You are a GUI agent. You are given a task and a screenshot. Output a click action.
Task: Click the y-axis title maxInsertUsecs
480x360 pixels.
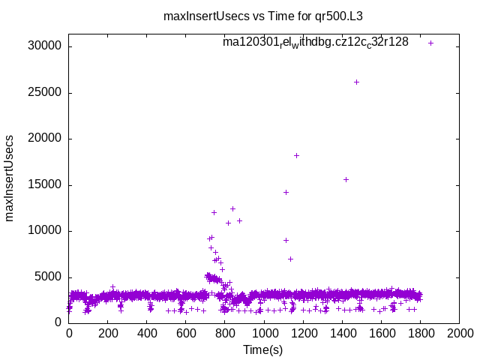coord(10,178)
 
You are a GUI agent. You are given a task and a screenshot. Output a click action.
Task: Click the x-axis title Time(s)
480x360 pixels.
coord(263,349)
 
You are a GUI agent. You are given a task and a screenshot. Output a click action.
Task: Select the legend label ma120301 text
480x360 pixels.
coord(316,42)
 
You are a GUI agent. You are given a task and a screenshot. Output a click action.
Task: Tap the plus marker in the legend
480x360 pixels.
coord(430,43)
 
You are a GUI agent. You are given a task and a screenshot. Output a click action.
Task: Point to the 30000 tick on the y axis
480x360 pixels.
coord(45,46)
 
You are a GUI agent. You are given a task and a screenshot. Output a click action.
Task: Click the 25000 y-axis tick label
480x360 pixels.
coord(45,93)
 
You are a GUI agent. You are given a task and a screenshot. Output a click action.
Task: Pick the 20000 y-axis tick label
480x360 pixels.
coord(45,139)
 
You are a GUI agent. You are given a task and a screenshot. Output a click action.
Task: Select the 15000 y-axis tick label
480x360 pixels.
coord(45,184)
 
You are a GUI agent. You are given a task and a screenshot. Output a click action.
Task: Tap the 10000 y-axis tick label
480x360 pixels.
coord(45,231)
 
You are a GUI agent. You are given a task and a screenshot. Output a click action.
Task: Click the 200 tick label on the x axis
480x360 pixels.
coord(108,333)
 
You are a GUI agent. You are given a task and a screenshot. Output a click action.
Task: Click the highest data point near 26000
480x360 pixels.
coord(356,82)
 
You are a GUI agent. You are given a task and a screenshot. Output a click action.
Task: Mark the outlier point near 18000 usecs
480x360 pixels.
coord(296,155)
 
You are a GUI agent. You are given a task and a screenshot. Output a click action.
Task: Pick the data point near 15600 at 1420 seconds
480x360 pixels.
coord(346,179)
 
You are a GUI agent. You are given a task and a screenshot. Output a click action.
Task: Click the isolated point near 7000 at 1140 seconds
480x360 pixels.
coord(290,259)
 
